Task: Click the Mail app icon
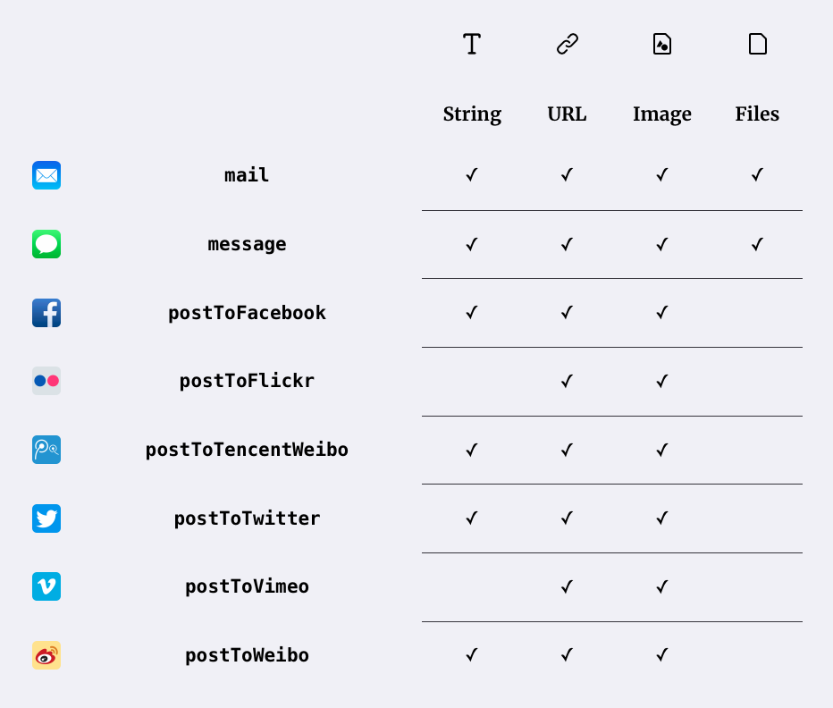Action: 46,175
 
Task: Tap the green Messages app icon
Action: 46,244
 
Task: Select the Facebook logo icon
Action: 46,313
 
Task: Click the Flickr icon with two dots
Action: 46,381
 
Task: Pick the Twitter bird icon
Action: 46,518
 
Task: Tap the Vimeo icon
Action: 46,586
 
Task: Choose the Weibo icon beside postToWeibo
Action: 46,655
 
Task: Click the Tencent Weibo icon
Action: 46,450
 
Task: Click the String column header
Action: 472,114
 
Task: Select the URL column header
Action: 567,114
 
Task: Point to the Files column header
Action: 757,114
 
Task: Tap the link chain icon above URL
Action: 568,44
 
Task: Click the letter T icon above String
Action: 472,44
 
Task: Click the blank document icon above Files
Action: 758,44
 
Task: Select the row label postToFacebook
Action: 247,313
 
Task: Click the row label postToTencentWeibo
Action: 247,450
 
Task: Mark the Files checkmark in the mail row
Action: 757,174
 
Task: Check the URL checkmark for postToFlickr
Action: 567,381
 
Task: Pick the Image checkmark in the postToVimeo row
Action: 662,586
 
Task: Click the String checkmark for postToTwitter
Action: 472,518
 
